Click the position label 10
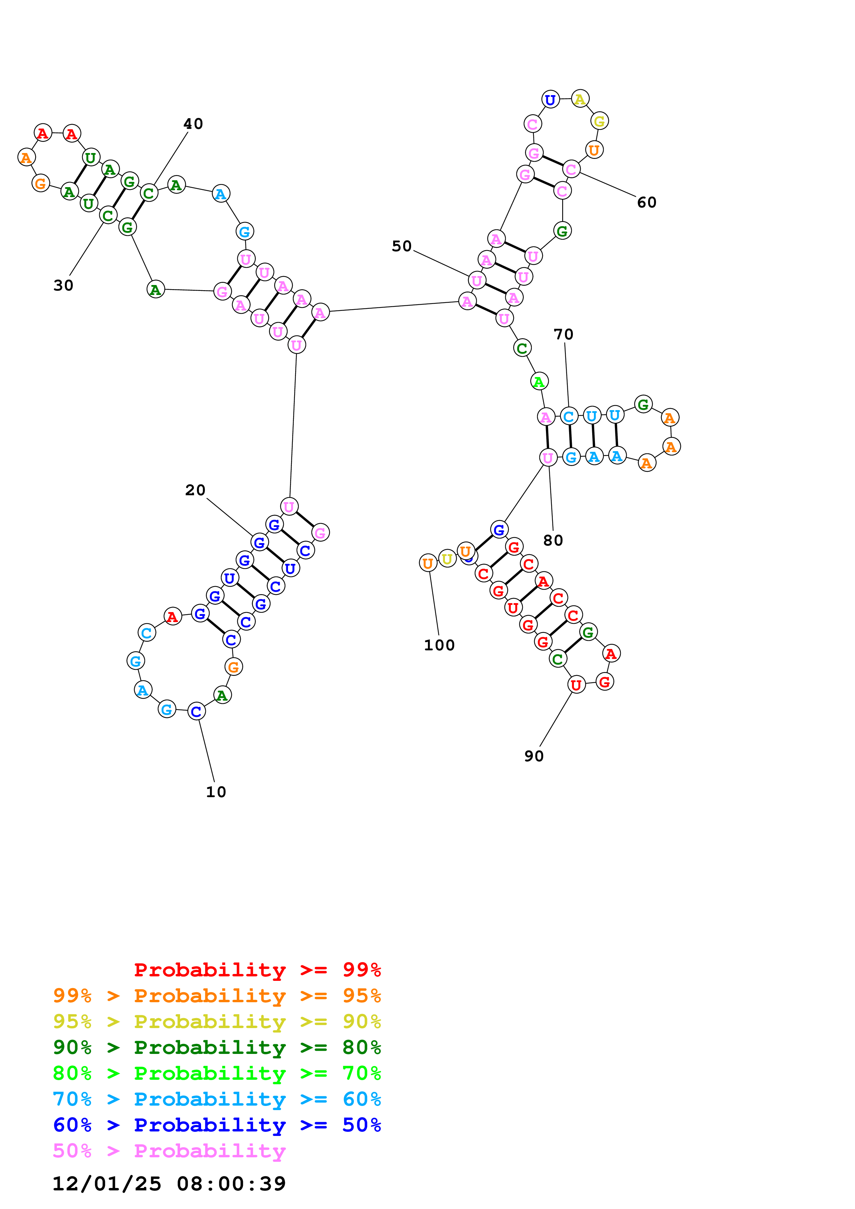click(x=216, y=792)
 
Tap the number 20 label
click(x=195, y=490)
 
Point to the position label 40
click(x=193, y=124)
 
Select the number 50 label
click(x=401, y=246)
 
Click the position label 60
click(x=646, y=202)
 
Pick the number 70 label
click(x=563, y=334)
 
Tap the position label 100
click(x=439, y=645)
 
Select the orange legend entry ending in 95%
click(x=217, y=995)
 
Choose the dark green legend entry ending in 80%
click(x=217, y=1047)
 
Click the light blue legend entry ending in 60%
click(x=217, y=1099)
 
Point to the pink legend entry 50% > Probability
click(x=169, y=1150)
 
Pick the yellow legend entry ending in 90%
click(x=217, y=1022)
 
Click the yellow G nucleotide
click(x=599, y=121)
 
